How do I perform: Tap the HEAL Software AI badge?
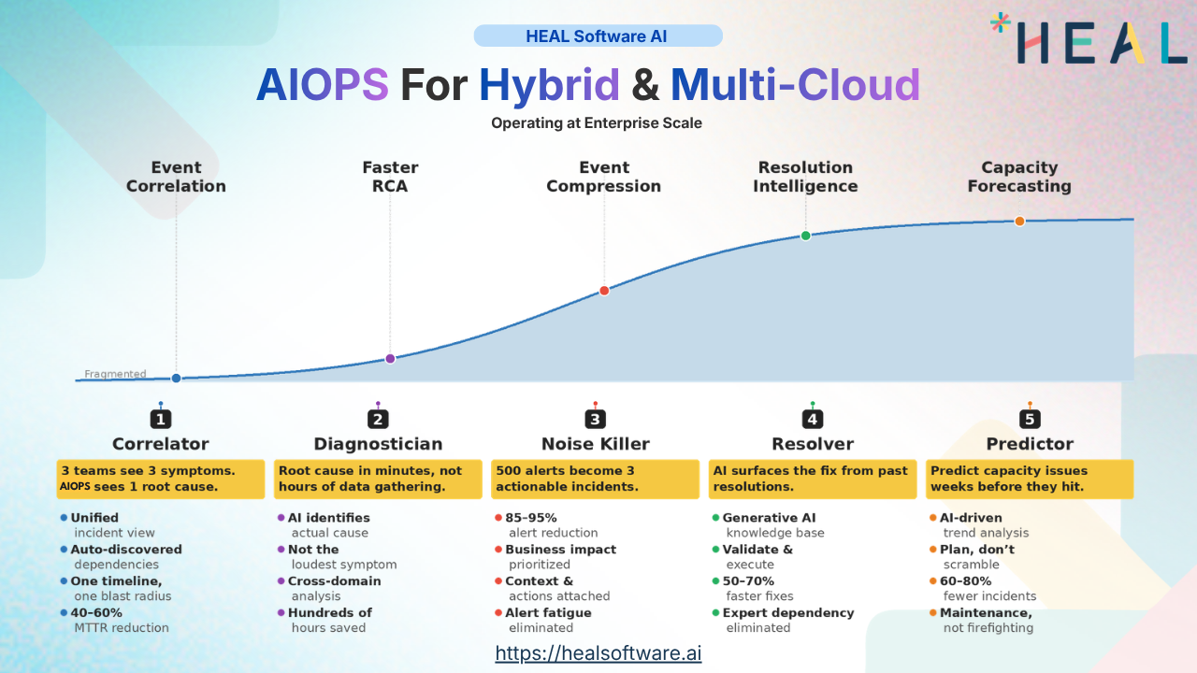tap(598, 36)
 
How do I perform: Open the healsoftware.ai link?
tap(598, 652)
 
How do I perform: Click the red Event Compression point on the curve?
tap(604, 291)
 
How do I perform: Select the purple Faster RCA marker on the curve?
tap(390, 358)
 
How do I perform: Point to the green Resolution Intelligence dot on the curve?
tap(805, 236)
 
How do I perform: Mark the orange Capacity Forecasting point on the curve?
tap(1019, 221)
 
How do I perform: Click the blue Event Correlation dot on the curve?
tap(176, 379)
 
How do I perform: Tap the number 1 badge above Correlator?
tap(162, 420)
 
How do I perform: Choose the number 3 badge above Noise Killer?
tap(595, 420)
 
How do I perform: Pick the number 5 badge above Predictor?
tap(1030, 420)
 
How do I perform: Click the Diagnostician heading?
tap(378, 444)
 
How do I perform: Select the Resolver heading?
tap(812, 444)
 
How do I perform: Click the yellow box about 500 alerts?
tap(595, 479)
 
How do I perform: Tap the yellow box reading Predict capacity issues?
tap(1030, 479)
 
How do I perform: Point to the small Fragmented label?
tap(115, 374)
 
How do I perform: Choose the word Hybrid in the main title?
tap(549, 85)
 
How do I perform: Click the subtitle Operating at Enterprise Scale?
tap(597, 122)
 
